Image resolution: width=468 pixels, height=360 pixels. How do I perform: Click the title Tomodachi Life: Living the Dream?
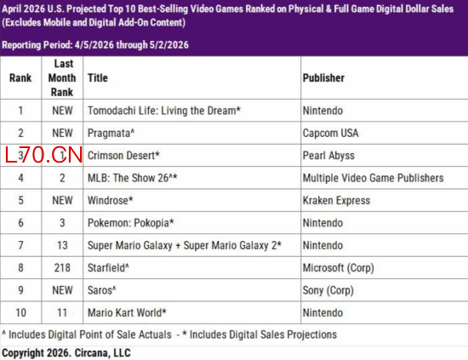(x=164, y=111)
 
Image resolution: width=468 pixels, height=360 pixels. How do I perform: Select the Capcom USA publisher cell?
(x=330, y=133)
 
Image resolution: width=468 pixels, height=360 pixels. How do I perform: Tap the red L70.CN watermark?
(x=43, y=155)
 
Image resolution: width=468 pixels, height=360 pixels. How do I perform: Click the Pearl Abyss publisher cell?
(x=328, y=156)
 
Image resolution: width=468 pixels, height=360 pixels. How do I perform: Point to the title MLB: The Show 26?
(x=132, y=178)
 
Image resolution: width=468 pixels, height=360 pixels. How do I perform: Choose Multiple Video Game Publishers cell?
(x=373, y=178)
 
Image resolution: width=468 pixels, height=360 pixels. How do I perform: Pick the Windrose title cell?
(x=110, y=200)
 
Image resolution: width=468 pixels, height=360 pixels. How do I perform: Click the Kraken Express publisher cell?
(x=336, y=200)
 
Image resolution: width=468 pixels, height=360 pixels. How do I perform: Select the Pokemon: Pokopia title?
(x=130, y=223)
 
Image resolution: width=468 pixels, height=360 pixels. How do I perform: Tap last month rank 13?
(x=62, y=245)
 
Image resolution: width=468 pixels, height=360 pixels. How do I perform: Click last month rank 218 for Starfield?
(x=62, y=268)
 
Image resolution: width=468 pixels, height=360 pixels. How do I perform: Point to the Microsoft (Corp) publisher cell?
(x=338, y=268)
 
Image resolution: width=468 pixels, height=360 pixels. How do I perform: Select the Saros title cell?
(x=102, y=290)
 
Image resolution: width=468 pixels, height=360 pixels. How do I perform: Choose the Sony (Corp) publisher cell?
(x=328, y=290)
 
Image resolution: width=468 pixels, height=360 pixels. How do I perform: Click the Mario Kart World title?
(x=127, y=313)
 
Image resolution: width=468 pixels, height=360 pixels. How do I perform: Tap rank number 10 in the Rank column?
(x=20, y=313)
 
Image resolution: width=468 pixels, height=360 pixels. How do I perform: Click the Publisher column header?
(x=323, y=78)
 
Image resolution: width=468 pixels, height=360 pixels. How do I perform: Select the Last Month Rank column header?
(x=62, y=78)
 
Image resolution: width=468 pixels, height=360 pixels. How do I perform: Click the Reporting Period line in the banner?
(x=95, y=45)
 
